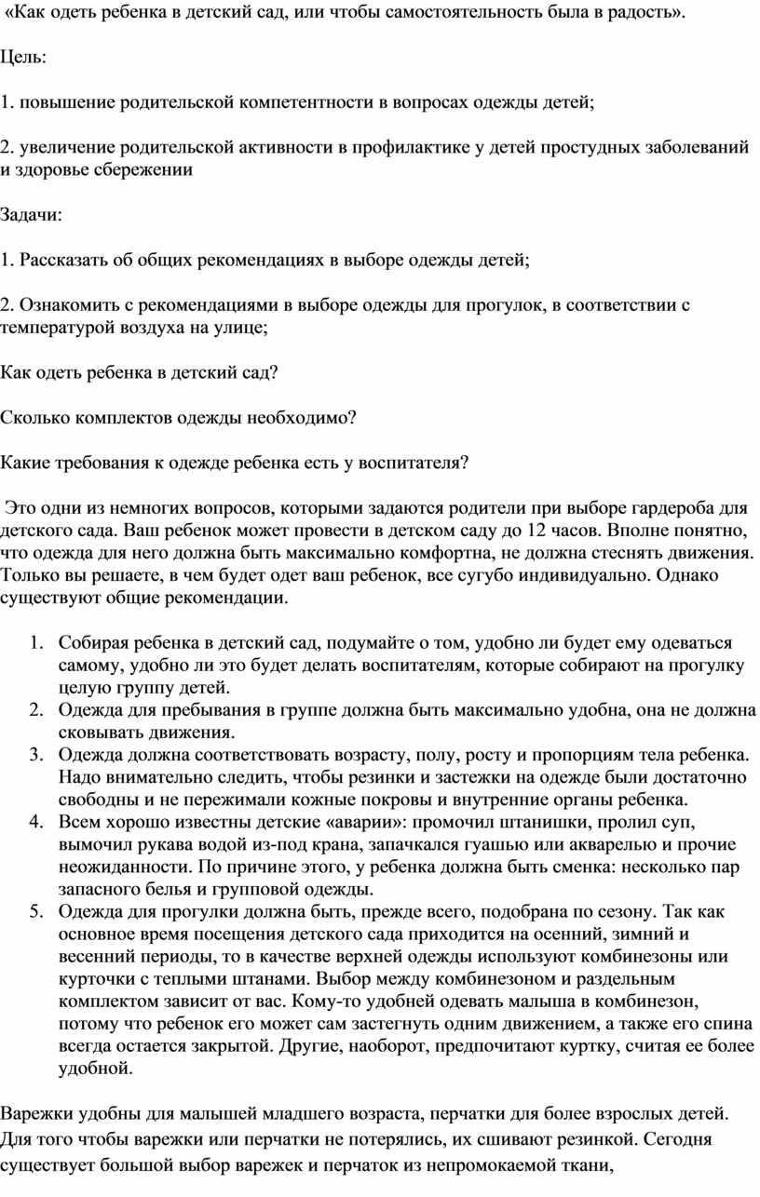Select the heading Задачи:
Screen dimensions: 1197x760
32,216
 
